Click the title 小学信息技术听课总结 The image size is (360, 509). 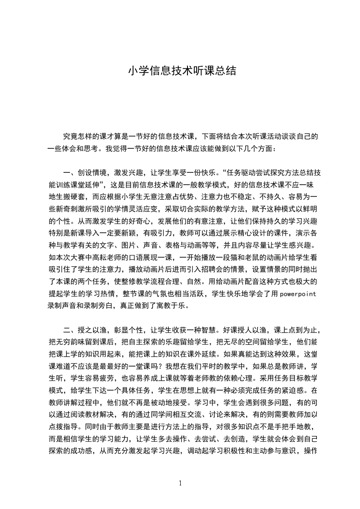pos(182,71)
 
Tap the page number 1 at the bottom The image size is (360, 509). pos(180,483)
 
